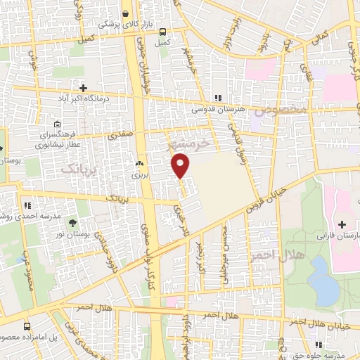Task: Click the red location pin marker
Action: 181,166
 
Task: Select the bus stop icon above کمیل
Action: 162,32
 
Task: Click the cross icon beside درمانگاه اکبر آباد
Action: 83,89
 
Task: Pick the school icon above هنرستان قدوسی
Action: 218,98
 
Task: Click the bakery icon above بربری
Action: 138,163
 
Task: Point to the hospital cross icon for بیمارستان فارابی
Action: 342,224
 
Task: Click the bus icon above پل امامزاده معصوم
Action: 27,326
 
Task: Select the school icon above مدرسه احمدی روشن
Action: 27,206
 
